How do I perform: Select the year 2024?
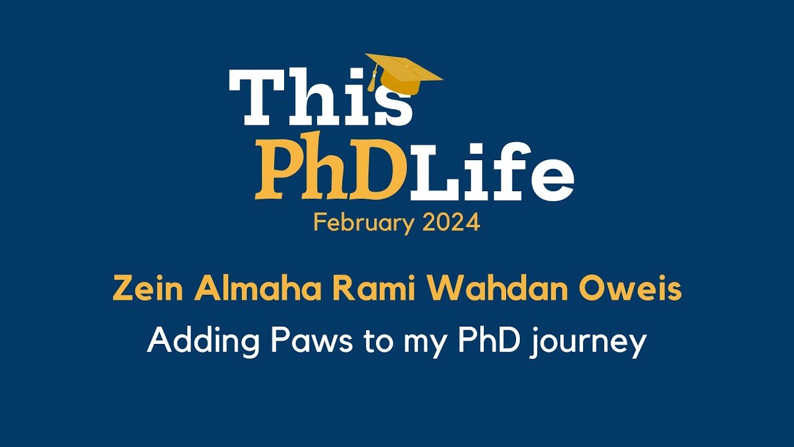coord(452,222)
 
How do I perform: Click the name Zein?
coord(149,289)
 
